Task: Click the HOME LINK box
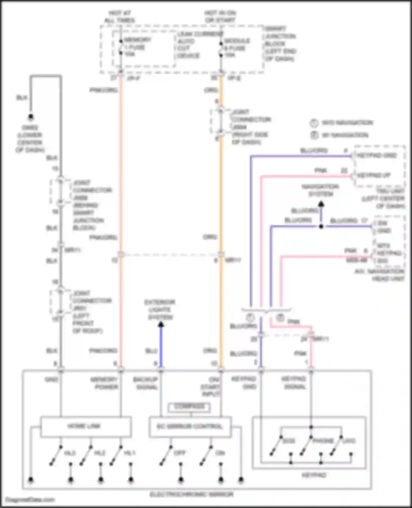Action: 85,427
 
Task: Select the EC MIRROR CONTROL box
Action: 190,427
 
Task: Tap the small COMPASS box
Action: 190,407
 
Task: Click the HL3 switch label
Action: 70,453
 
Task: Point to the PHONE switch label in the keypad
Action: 323,441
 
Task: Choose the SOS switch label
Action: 289,441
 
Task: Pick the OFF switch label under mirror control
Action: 180,453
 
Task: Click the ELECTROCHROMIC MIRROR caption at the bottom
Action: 191,495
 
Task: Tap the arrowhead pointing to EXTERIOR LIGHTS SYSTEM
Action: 161,325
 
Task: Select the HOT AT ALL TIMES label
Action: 119,17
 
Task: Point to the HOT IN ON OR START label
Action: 220,17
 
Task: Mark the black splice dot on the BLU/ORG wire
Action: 321,226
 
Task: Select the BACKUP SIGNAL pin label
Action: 146,383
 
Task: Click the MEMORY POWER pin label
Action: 104,383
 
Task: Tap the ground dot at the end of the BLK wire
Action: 31,117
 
